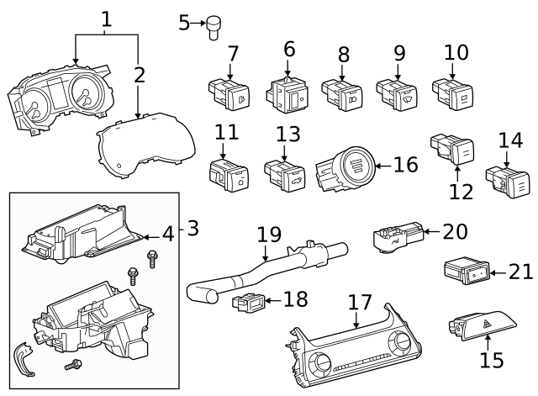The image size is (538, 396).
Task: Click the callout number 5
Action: coord(184,23)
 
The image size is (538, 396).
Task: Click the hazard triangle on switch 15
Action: coord(487,323)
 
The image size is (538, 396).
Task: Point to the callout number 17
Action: coord(360,303)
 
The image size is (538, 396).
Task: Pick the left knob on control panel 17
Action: coord(320,364)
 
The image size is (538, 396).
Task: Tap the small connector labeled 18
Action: coord(249,303)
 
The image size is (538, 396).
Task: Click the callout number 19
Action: coord(269,235)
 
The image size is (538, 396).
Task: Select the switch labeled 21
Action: coord(467,270)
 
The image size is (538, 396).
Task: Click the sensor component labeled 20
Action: coord(398,237)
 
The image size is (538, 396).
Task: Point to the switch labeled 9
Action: coord(397,95)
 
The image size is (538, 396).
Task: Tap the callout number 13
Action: coord(288,135)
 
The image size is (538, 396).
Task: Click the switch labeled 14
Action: coord(508,181)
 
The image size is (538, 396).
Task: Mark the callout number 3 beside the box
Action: coord(193,228)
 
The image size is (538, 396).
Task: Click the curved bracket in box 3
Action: coord(24,359)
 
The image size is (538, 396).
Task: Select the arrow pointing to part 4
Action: coord(151,237)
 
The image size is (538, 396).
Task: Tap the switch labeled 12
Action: coord(452,149)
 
